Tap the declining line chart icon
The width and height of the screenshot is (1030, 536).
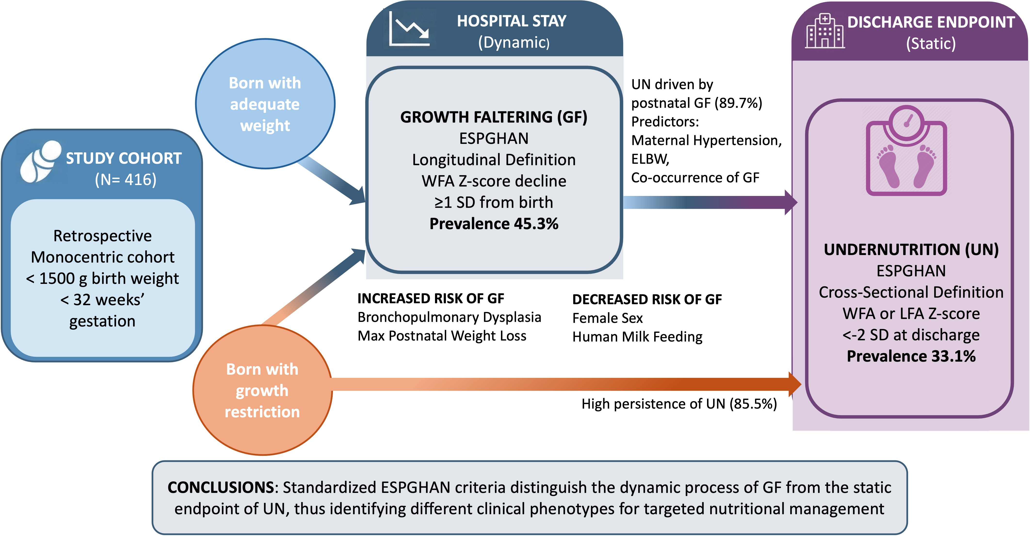tap(409, 29)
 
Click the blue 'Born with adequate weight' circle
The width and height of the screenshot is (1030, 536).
tap(265, 104)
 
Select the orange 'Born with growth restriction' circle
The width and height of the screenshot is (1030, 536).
tap(262, 390)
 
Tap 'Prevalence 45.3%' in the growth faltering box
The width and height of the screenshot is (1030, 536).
tap(494, 224)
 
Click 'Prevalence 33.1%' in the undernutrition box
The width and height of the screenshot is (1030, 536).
tap(911, 356)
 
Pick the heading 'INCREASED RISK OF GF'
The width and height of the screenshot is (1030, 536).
tap(431, 298)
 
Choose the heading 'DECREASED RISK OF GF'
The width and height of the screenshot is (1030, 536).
tap(647, 299)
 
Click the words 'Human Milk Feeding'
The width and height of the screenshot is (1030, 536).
tap(637, 337)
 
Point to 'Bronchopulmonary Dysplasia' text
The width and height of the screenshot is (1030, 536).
tap(449, 317)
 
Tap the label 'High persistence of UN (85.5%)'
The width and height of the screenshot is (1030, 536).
tap(679, 404)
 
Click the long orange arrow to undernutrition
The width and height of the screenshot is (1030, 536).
tap(560, 384)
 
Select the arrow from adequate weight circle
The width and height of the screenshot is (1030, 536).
tap(332, 180)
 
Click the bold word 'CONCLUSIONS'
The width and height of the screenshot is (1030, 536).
tap(221, 487)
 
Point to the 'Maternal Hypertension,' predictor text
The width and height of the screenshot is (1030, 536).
tap(706, 140)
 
